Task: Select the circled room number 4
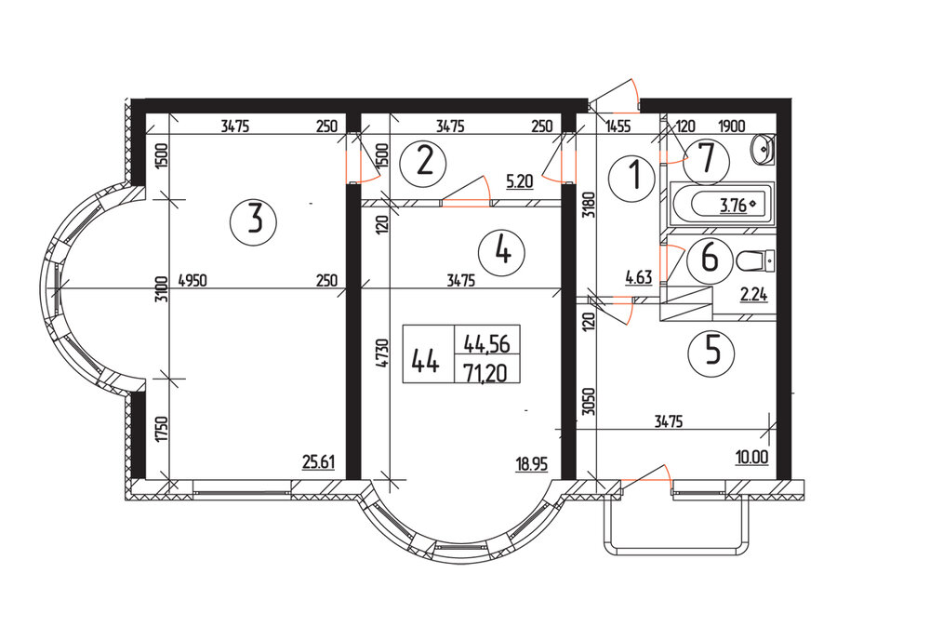coord(502,250)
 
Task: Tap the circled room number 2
coord(424,163)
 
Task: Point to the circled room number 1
coord(635,174)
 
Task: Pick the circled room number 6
coord(710,258)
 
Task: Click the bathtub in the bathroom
coord(722,206)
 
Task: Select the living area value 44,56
coord(485,342)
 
